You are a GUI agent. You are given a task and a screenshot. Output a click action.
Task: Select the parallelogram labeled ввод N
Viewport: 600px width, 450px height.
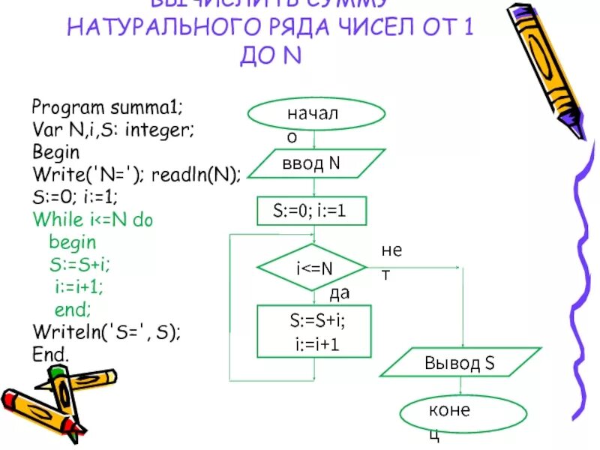click(x=316, y=163)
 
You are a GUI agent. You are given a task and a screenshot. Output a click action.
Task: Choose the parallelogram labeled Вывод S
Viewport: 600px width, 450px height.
click(x=459, y=363)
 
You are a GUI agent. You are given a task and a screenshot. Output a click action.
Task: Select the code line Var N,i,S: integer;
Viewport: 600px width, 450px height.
click(x=113, y=129)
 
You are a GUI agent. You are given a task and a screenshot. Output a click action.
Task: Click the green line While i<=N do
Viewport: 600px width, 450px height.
click(x=92, y=220)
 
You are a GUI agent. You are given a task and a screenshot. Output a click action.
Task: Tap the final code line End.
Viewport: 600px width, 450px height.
click(x=51, y=352)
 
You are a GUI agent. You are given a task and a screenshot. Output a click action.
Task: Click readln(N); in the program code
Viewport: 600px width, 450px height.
click(x=196, y=175)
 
